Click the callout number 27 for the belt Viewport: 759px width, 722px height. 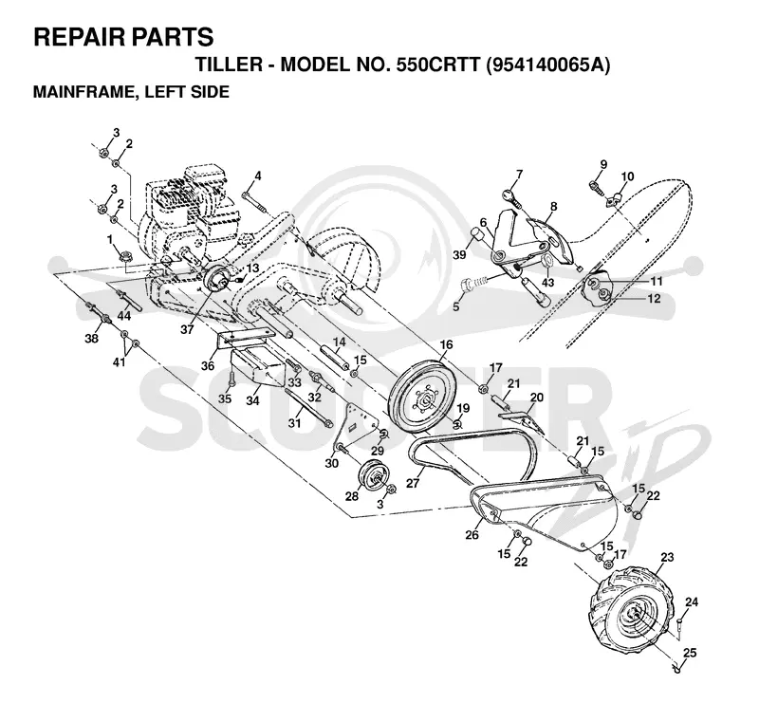click(413, 484)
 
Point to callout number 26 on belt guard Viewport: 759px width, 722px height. click(472, 534)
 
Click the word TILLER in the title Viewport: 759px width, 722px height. click(228, 64)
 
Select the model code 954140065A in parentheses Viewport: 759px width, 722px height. click(547, 64)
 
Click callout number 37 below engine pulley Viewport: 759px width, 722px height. click(187, 329)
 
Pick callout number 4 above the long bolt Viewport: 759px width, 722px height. click(258, 176)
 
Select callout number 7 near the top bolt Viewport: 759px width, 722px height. click(519, 175)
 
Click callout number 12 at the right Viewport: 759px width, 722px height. click(654, 299)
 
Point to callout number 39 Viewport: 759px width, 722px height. click(459, 254)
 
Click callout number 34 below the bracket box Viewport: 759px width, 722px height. click(252, 400)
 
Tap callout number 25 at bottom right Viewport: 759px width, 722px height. click(690, 653)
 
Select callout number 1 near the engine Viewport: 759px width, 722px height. click(110, 239)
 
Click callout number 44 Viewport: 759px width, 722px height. click(124, 316)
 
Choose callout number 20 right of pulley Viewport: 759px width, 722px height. click(537, 398)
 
